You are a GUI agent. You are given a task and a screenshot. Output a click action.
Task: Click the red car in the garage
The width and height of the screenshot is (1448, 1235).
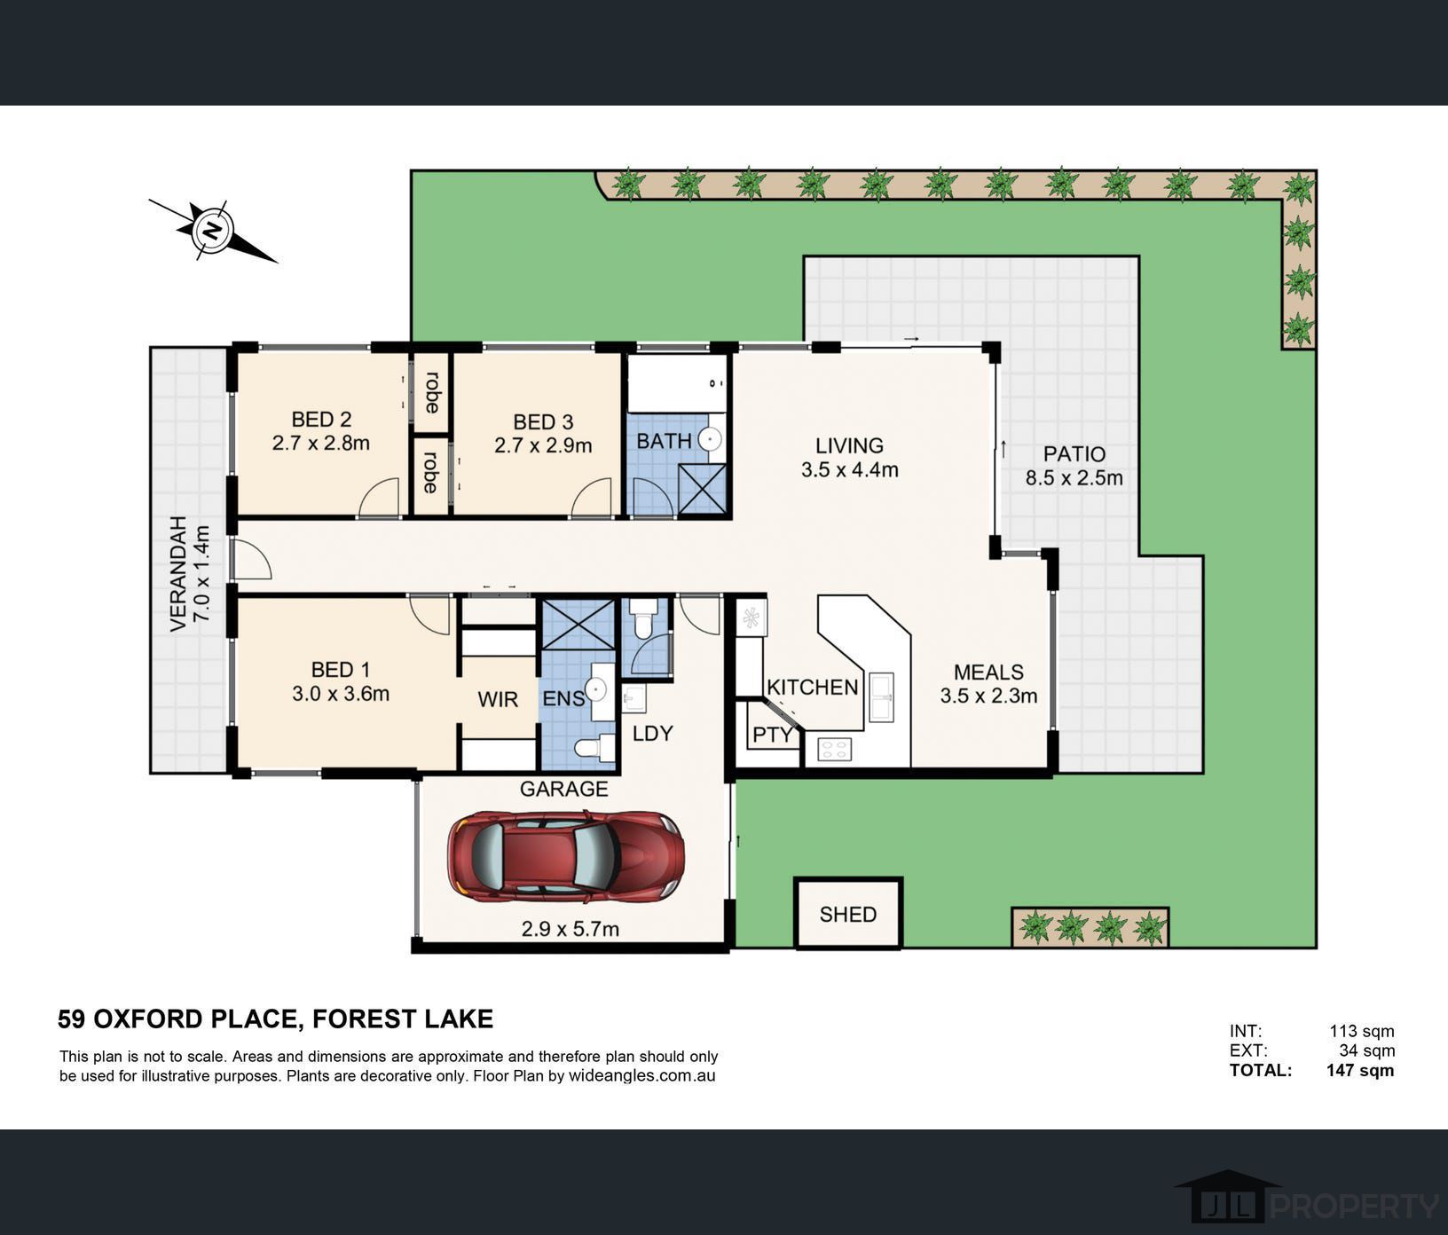point(566,856)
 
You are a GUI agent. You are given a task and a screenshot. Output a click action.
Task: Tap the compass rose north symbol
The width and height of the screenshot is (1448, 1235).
point(212,231)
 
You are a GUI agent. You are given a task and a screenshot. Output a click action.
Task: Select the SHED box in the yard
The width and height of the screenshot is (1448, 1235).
point(847,914)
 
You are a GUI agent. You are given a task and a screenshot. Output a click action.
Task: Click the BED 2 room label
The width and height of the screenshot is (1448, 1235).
point(321,420)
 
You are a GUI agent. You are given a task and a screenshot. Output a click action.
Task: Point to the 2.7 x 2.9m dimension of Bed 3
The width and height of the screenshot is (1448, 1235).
point(543,445)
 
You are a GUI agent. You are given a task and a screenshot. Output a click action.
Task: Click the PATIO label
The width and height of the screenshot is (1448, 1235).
point(1074,454)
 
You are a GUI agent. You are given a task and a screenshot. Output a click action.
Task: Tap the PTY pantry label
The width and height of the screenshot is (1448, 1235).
point(772,735)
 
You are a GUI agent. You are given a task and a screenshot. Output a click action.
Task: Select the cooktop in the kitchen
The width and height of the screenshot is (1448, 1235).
point(834,749)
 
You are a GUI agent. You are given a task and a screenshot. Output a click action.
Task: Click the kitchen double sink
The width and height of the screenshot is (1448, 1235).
point(881,696)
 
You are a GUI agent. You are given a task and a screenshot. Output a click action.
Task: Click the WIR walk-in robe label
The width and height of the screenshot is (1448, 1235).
point(497,699)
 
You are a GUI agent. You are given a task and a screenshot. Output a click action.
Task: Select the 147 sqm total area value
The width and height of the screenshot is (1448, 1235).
point(1359,1070)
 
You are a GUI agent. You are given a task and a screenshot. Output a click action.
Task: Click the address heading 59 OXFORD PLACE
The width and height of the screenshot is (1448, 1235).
point(275,1019)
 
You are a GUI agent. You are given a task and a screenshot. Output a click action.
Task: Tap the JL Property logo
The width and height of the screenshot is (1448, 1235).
point(1304,1205)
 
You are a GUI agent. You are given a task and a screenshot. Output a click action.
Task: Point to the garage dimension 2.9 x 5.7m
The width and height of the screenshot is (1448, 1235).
point(570,929)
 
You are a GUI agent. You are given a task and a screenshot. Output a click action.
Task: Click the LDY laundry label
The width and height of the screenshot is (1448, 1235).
point(652,733)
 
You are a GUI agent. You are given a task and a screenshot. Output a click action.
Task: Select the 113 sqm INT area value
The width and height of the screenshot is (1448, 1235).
point(1361,1031)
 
